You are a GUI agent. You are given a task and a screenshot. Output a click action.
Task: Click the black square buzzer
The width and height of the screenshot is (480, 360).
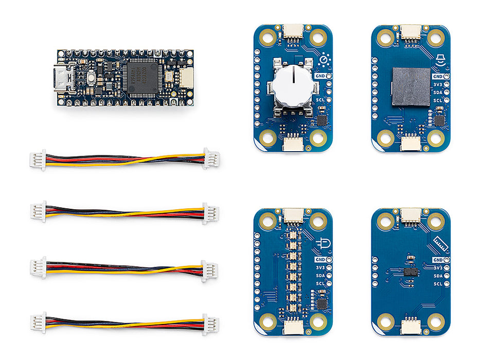click(x=411, y=86)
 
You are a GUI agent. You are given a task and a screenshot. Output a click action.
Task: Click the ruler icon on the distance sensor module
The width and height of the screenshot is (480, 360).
click(x=438, y=243)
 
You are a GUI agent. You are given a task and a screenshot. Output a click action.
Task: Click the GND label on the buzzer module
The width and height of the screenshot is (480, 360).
click(x=437, y=76)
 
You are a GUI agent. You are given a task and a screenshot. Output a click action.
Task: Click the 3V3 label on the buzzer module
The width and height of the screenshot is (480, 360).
click(x=438, y=84)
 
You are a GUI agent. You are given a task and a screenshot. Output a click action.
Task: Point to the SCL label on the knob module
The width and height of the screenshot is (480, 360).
click(x=320, y=100)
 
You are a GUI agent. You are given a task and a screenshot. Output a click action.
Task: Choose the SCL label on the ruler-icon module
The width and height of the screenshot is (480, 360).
click(x=438, y=284)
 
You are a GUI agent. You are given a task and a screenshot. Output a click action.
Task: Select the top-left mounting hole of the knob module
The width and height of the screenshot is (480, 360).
click(x=268, y=37)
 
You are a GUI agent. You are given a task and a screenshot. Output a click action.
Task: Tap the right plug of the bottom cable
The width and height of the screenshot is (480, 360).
click(x=210, y=325)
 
